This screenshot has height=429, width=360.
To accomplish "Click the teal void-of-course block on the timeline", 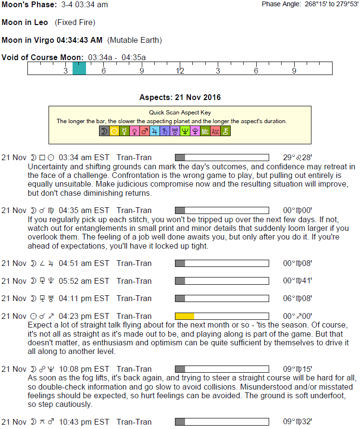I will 79,69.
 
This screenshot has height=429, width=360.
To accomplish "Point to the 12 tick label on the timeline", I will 180,71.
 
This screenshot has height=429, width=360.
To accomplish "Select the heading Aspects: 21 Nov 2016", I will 180,97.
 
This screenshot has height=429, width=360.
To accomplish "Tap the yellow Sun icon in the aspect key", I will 114,131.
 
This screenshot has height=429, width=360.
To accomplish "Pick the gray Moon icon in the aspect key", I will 104,131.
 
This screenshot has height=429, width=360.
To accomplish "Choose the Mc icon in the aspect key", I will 205,131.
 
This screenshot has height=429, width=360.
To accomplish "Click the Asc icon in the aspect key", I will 215,131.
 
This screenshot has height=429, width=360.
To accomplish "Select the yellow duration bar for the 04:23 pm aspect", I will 185,316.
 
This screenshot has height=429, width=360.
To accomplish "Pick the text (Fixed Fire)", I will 75,23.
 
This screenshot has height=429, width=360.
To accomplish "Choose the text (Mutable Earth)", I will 135,40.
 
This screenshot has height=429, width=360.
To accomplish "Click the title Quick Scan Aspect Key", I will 180,113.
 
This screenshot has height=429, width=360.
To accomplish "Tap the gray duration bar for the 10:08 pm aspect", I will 180,369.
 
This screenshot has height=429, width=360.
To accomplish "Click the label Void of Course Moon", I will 42,58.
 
